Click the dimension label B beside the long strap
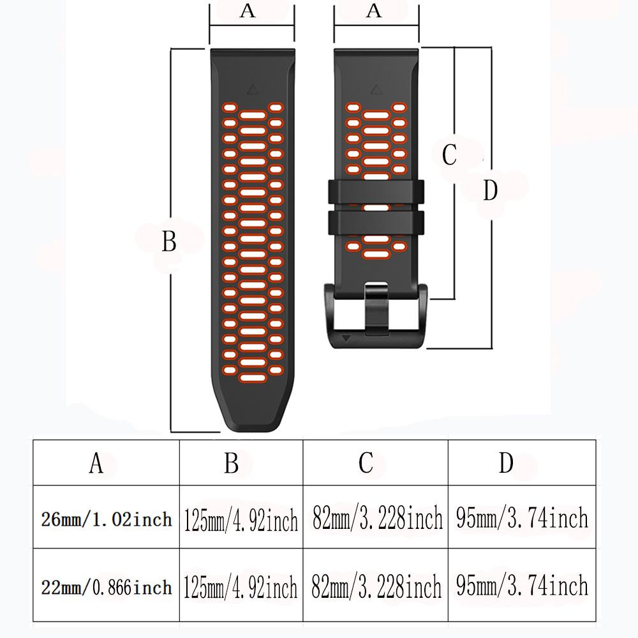click(x=169, y=242)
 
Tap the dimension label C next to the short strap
click(x=450, y=154)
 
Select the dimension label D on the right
click(x=490, y=190)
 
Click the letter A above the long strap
click(x=248, y=11)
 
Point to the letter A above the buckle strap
click(x=375, y=11)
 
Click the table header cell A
click(x=96, y=463)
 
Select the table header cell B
click(x=232, y=463)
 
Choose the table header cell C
click(x=366, y=463)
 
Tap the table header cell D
click(x=506, y=463)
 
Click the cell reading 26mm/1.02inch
click(x=107, y=519)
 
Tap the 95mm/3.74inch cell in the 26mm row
click(x=522, y=518)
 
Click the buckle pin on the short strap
click(x=375, y=309)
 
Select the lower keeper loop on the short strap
click(x=375, y=221)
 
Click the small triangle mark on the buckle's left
click(x=346, y=339)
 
